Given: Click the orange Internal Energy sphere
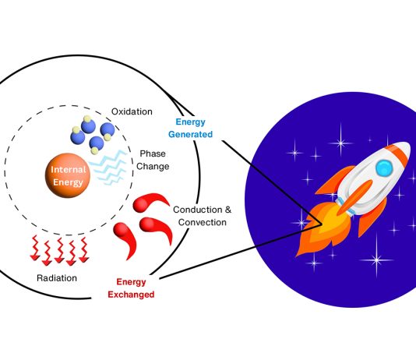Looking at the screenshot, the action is click(68, 175).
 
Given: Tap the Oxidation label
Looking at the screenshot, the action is click(132, 111).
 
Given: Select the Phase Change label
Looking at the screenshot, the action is click(153, 160).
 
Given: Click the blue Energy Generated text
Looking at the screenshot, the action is click(191, 128).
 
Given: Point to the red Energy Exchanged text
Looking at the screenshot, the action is click(131, 288).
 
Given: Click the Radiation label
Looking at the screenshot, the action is click(57, 278).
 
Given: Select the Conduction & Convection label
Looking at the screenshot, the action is click(203, 216).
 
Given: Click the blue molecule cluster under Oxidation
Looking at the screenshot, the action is click(93, 135).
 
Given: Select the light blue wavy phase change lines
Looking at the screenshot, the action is click(108, 167).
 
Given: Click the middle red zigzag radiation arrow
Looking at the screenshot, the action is click(59, 251).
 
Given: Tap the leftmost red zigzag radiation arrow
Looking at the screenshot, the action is click(34, 248).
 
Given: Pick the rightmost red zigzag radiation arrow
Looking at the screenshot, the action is click(84, 249).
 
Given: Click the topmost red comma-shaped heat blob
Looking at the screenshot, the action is click(150, 203).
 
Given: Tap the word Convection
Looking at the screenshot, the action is click(203, 222).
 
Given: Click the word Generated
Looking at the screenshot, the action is click(191, 134).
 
